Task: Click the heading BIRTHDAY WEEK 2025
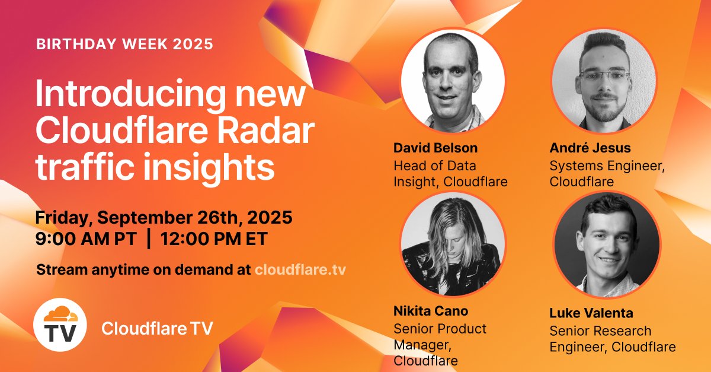click(124, 44)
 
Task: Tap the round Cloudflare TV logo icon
click(60, 324)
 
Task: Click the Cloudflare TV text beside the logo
click(156, 328)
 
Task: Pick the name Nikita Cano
click(430, 310)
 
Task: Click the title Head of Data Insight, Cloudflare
click(450, 174)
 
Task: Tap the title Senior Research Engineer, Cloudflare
click(611, 339)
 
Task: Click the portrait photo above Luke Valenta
click(606, 244)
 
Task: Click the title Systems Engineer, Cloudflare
click(607, 174)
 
